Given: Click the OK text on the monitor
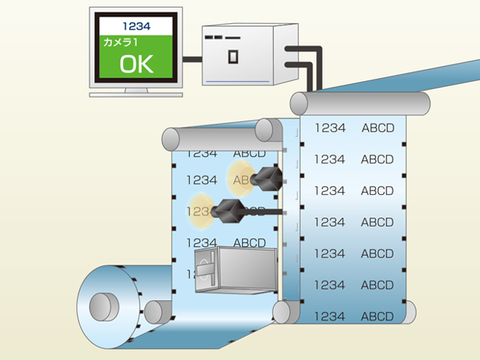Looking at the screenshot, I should tap(136, 63).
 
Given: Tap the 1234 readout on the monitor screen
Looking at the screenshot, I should tap(136, 26).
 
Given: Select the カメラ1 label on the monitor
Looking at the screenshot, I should tap(123, 43).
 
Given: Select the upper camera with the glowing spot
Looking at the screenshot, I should tap(266, 178).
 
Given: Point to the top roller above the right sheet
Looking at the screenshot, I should tap(360, 103).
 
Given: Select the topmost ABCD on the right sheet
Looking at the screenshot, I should tap(377, 127).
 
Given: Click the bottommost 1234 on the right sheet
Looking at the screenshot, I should tap(330, 316).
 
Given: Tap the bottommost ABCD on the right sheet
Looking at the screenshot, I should tap(377, 316).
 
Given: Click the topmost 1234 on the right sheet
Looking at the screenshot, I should tap(330, 127).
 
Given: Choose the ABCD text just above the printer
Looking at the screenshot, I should tap(250, 242).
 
